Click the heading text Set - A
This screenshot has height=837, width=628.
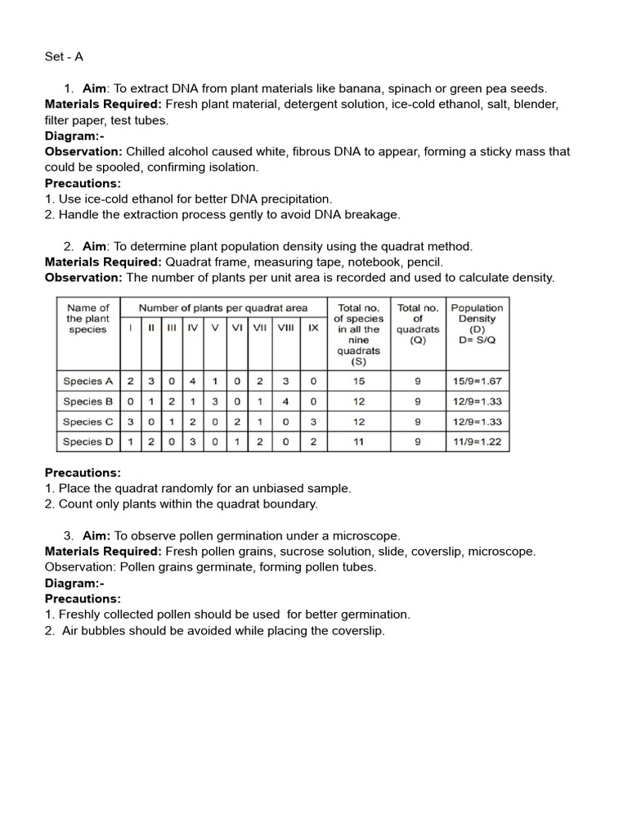pos(64,57)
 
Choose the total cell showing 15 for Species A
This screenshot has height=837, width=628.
pos(358,381)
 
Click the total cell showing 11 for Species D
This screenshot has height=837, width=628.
pos(358,442)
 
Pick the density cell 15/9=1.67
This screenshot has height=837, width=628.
pos(477,381)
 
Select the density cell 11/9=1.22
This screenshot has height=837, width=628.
pos(477,442)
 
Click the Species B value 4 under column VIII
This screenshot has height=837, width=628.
pos(285,401)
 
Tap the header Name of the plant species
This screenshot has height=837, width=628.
pos(87,319)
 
